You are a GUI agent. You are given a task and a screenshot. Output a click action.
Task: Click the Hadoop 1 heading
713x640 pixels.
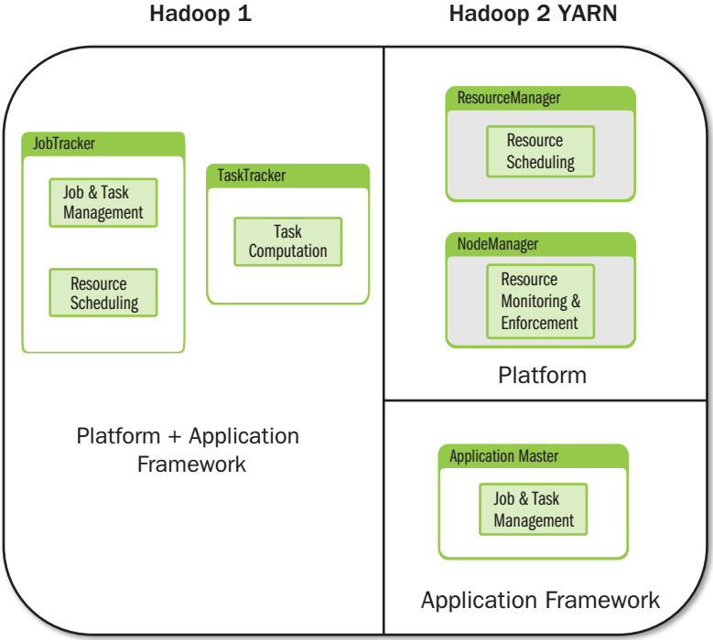(200, 16)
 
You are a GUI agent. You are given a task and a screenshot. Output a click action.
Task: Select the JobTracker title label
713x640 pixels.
(64, 144)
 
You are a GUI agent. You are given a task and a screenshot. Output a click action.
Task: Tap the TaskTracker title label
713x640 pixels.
(252, 176)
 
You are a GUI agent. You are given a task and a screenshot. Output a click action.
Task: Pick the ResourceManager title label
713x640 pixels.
(509, 98)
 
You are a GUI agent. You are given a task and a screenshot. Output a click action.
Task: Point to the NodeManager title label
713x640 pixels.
(498, 244)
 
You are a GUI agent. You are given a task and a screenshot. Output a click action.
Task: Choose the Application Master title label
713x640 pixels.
(504, 456)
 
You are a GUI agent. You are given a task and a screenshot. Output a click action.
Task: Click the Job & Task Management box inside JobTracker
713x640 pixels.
(103, 203)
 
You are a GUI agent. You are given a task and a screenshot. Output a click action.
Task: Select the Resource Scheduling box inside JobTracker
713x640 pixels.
(103, 293)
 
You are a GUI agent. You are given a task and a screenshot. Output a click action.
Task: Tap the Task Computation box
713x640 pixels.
(287, 241)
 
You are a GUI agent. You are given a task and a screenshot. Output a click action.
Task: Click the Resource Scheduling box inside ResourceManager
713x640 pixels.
(540, 152)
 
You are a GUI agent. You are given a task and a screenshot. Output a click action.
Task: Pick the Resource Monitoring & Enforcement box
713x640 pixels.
(540, 301)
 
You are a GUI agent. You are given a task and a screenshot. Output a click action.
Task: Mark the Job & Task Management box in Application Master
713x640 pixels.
(534, 509)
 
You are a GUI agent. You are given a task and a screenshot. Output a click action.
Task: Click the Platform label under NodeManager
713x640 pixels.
(542, 375)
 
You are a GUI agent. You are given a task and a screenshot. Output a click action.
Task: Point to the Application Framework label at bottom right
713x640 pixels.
(540, 600)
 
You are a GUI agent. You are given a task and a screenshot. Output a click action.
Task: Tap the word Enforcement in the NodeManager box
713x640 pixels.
(540, 323)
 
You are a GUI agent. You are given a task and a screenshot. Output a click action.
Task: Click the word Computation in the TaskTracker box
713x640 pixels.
(287, 251)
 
